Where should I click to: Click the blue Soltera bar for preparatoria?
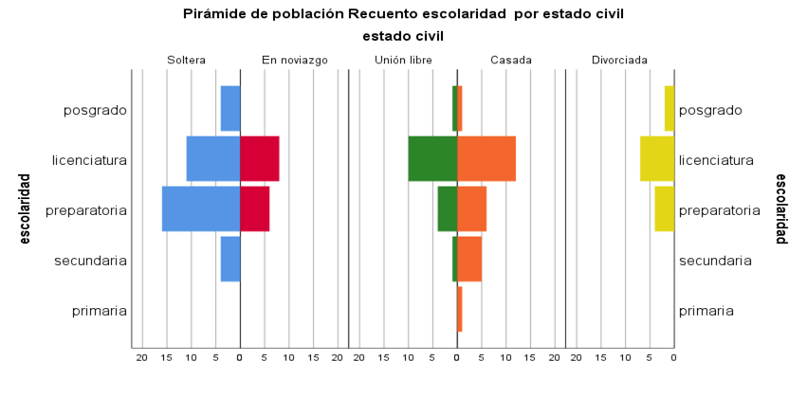tap(201, 208)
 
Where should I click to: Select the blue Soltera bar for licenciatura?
tap(213, 159)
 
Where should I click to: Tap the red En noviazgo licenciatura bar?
tap(260, 159)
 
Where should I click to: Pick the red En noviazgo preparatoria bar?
tap(255, 208)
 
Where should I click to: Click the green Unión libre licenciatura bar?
tap(432, 159)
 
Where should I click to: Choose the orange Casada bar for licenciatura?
tap(486, 159)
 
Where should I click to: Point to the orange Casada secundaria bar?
tap(469, 259)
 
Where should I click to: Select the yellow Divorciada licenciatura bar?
tap(657, 159)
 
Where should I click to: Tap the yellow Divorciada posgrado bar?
tap(669, 109)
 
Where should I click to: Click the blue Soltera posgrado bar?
tap(230, 109)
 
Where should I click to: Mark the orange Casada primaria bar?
tap(460, 309)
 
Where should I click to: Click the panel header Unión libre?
tap(403, 60)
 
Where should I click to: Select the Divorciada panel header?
tap(619, 60)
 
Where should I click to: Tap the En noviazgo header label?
tap(295, 60)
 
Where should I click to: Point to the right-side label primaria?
tap(706, 310)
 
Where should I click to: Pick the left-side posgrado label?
tap(95, 110)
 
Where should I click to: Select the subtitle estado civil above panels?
tap(403, 36)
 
